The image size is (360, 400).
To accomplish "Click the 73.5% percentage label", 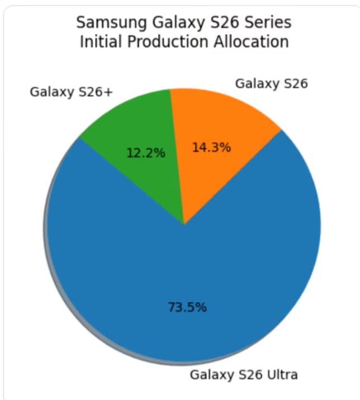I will (x=187, y=307).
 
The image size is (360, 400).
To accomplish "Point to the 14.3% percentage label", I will (x=211, y=148).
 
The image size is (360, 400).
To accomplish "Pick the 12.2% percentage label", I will (x=146, y=153).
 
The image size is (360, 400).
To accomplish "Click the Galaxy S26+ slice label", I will (x=72, y=92).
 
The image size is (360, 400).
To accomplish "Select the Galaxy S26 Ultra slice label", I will (x=244, y=374).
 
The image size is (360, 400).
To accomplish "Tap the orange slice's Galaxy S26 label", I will (x=272, y=84).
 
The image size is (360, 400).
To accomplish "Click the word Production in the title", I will (x=159, y=42).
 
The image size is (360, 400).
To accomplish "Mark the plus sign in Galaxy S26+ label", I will (x=109, y=92).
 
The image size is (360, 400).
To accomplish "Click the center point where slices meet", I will (x=184, y=225).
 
